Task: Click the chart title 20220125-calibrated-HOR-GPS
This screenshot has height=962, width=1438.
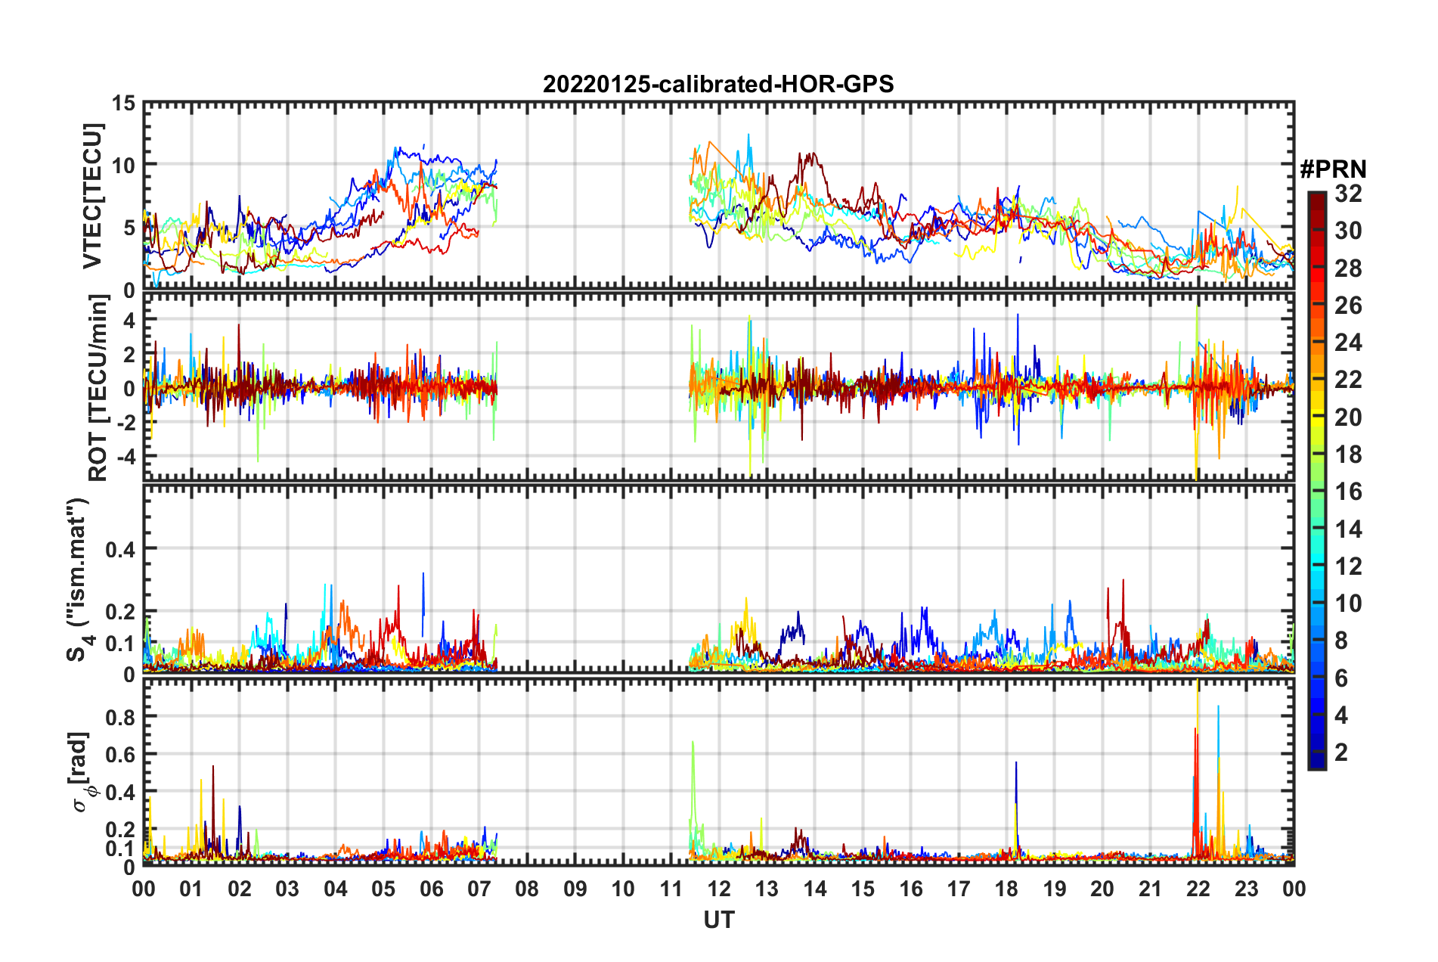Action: tap(718, 84)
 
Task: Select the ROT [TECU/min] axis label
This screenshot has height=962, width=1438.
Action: tap(98, 388)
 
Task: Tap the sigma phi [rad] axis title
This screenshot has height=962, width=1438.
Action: tap(82, 772)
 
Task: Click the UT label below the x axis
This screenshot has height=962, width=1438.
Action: tap(718, 920)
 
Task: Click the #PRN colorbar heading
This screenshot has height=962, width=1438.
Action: tap(1333, 169)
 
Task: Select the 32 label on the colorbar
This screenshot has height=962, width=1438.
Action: tap(1348, 194)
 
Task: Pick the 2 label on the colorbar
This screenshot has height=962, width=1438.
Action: tap(1341, 753)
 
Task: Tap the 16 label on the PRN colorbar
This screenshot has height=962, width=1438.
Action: tap(1348, 492)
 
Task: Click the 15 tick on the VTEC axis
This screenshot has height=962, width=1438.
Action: tap(124, 103)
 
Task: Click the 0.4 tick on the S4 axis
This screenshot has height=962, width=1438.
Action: tap(120, 550)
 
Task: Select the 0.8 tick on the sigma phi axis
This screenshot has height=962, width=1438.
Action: tap(120, 716)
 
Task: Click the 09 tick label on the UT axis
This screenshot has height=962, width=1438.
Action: tap(575, 889)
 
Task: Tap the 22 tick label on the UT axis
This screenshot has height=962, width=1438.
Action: tap(1198, 889)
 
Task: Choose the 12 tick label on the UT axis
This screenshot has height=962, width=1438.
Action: tap(719, 889)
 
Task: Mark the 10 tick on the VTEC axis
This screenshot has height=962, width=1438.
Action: tap(124, 165)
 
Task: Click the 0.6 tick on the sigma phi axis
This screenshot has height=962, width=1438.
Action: tap(120, 754)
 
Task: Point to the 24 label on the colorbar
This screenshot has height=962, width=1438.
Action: tap(1348, 343)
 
